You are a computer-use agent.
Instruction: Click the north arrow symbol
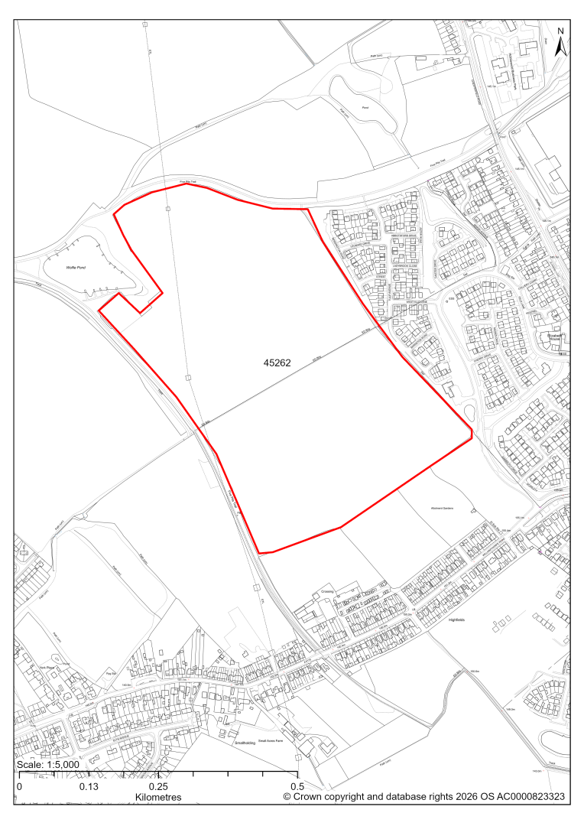(x=560, y=47)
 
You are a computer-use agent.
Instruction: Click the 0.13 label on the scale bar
(x=89, y=786)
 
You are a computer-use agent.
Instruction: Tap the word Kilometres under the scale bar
(x=157, y=797)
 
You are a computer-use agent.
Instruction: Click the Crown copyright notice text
(x=423, y=797)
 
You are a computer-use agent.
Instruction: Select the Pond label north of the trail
(x=365, y=108)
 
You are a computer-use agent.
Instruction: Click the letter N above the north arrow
(x=560, y=31)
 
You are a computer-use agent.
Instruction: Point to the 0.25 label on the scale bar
(x=158, y=786)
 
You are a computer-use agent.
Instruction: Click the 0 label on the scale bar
(x=19, y=786)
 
